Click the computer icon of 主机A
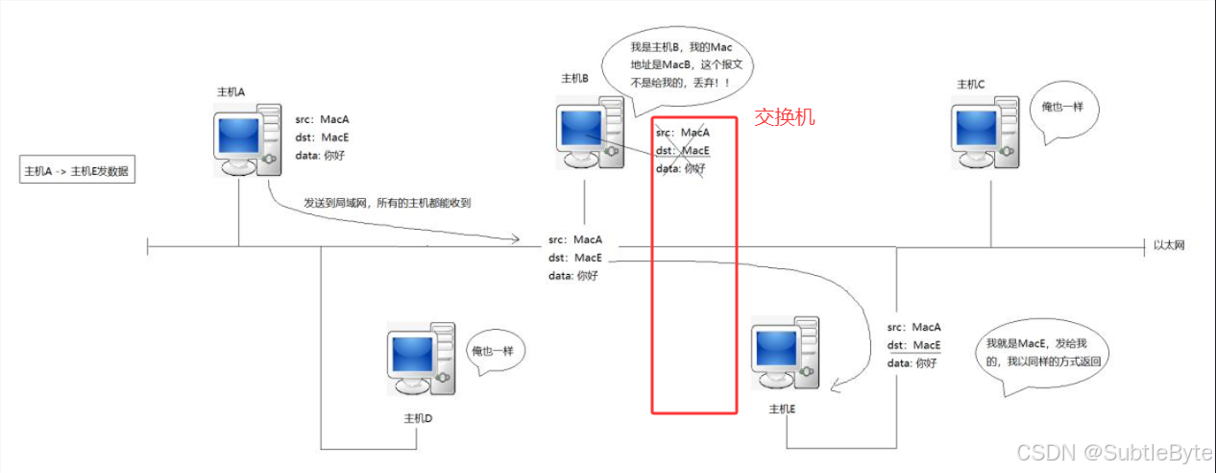(248, 142)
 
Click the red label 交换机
(784, 117)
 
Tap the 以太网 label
(1169, 245)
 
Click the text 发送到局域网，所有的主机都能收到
(387, 203)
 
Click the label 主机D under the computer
(418, 419)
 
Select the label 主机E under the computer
(783, 409)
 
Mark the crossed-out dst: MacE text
(683, 151)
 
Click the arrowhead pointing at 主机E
(836, 387)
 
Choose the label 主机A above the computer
(231, 91)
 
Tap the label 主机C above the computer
(971, 85)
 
